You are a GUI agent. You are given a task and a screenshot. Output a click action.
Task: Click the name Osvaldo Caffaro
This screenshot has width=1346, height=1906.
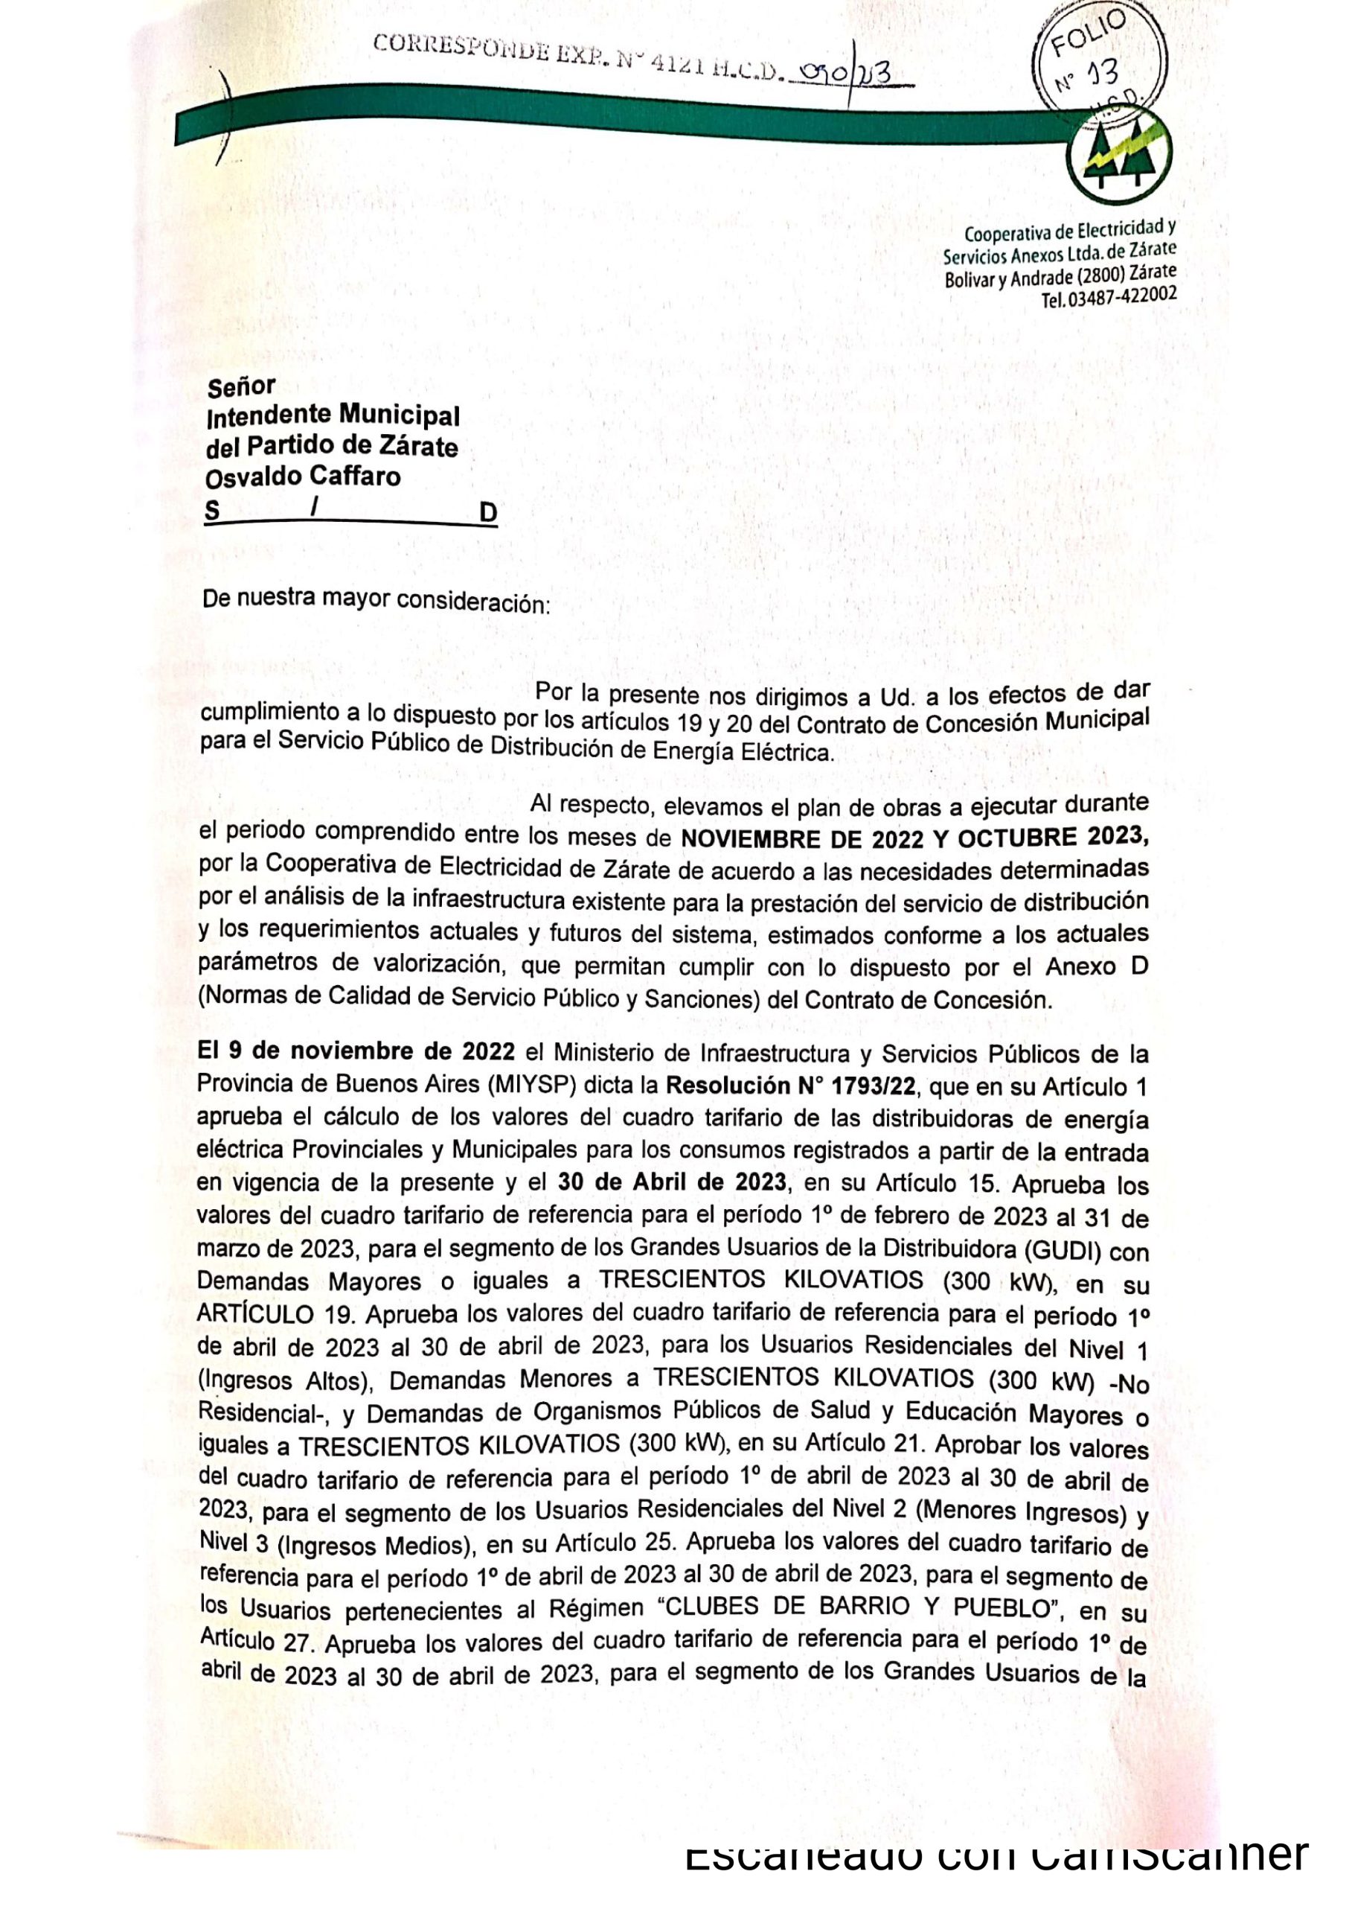pos(303,476)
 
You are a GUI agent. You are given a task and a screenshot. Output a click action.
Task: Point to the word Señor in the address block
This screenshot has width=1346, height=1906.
pos(240,387)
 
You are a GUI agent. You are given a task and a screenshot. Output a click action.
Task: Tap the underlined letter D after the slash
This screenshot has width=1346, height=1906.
pos(488,513)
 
